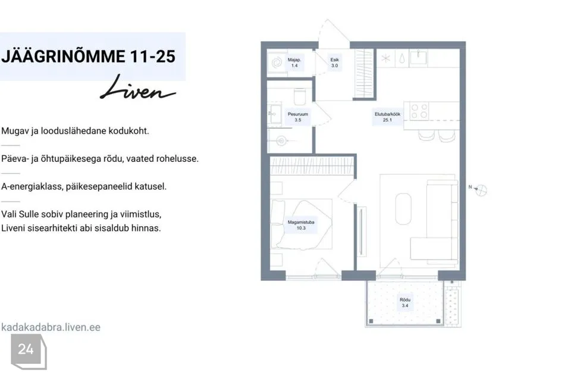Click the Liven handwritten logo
pos(137,88)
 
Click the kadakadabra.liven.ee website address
pos(51,327)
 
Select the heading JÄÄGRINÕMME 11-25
pos(89,57)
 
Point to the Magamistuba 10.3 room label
pos(301,225)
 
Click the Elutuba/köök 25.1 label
pos(387,117)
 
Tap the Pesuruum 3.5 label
pos(298,117)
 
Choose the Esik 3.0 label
pos(334,63)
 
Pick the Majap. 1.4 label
pos(294,63)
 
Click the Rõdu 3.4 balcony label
pos(405,302)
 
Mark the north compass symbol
pos(481,190)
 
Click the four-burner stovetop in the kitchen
pos(419,111)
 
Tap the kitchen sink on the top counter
pos(418,58)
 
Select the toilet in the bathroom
pos(300,96)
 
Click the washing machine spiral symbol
pos(277,63)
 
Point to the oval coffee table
pos(403,208)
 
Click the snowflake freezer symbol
pos(385,58)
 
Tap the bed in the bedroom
pos(302,224)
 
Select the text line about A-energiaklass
pos(84,186)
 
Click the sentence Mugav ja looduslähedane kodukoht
pos(75,131)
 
